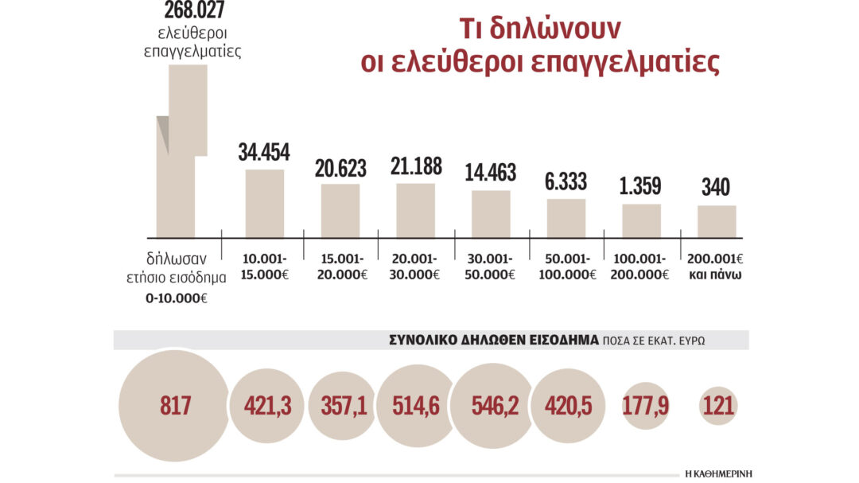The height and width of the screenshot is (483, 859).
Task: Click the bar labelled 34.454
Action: tap(264, 204)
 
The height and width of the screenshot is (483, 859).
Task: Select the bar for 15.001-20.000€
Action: tap(340, 211)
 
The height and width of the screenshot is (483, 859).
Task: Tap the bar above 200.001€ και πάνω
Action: tap(717, 221)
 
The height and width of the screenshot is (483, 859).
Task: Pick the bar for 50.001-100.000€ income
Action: tap(566, 218)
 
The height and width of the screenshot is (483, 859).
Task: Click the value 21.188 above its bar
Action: tap(415, 166)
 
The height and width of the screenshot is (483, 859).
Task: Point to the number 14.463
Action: tap(491, 173)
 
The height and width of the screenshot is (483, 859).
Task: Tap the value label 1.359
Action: tap(641, 186)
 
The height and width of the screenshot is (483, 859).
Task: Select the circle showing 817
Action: tap(174, 406)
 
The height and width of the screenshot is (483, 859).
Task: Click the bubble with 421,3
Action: tap(266, 406)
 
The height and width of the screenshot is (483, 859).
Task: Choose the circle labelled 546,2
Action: tap(491, 406)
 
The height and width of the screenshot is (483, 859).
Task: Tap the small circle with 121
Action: tap(719, 406)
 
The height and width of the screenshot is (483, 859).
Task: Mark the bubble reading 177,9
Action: tap(646, 406)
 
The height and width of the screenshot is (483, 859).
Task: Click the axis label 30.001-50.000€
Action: tap(491, 267)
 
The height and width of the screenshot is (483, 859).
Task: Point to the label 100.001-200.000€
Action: tap(641, 267)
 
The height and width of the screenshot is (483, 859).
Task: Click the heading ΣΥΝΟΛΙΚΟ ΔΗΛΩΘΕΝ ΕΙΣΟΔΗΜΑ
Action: tap(494, 339)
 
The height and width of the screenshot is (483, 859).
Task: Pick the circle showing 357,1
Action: tap(343, 406)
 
